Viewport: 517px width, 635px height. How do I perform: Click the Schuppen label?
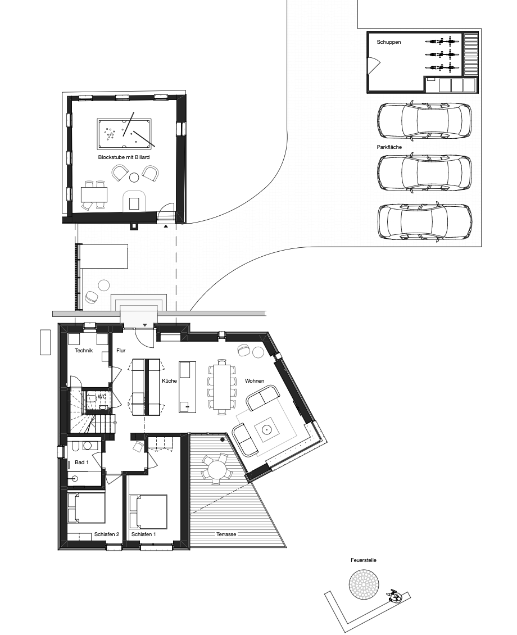389,42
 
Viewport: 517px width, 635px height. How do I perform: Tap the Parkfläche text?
389,147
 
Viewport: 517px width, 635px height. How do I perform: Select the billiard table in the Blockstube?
124,134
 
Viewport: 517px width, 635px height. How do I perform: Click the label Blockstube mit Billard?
124,157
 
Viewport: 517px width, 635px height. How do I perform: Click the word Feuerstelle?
363,560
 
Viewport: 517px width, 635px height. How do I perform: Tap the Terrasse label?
226,534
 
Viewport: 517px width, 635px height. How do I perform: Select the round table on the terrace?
216,470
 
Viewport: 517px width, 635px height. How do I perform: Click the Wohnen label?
254,380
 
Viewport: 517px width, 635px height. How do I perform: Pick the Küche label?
169,380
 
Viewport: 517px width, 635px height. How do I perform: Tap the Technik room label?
84,350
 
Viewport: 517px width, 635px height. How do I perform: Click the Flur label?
121,350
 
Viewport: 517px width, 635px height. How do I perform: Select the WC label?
102,397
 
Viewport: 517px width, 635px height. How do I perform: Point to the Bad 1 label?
81,462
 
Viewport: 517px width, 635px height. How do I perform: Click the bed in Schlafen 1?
148,511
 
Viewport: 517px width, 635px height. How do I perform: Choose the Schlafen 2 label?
106,534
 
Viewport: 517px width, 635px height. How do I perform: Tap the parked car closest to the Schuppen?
424,121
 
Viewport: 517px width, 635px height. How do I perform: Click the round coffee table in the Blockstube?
134,177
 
